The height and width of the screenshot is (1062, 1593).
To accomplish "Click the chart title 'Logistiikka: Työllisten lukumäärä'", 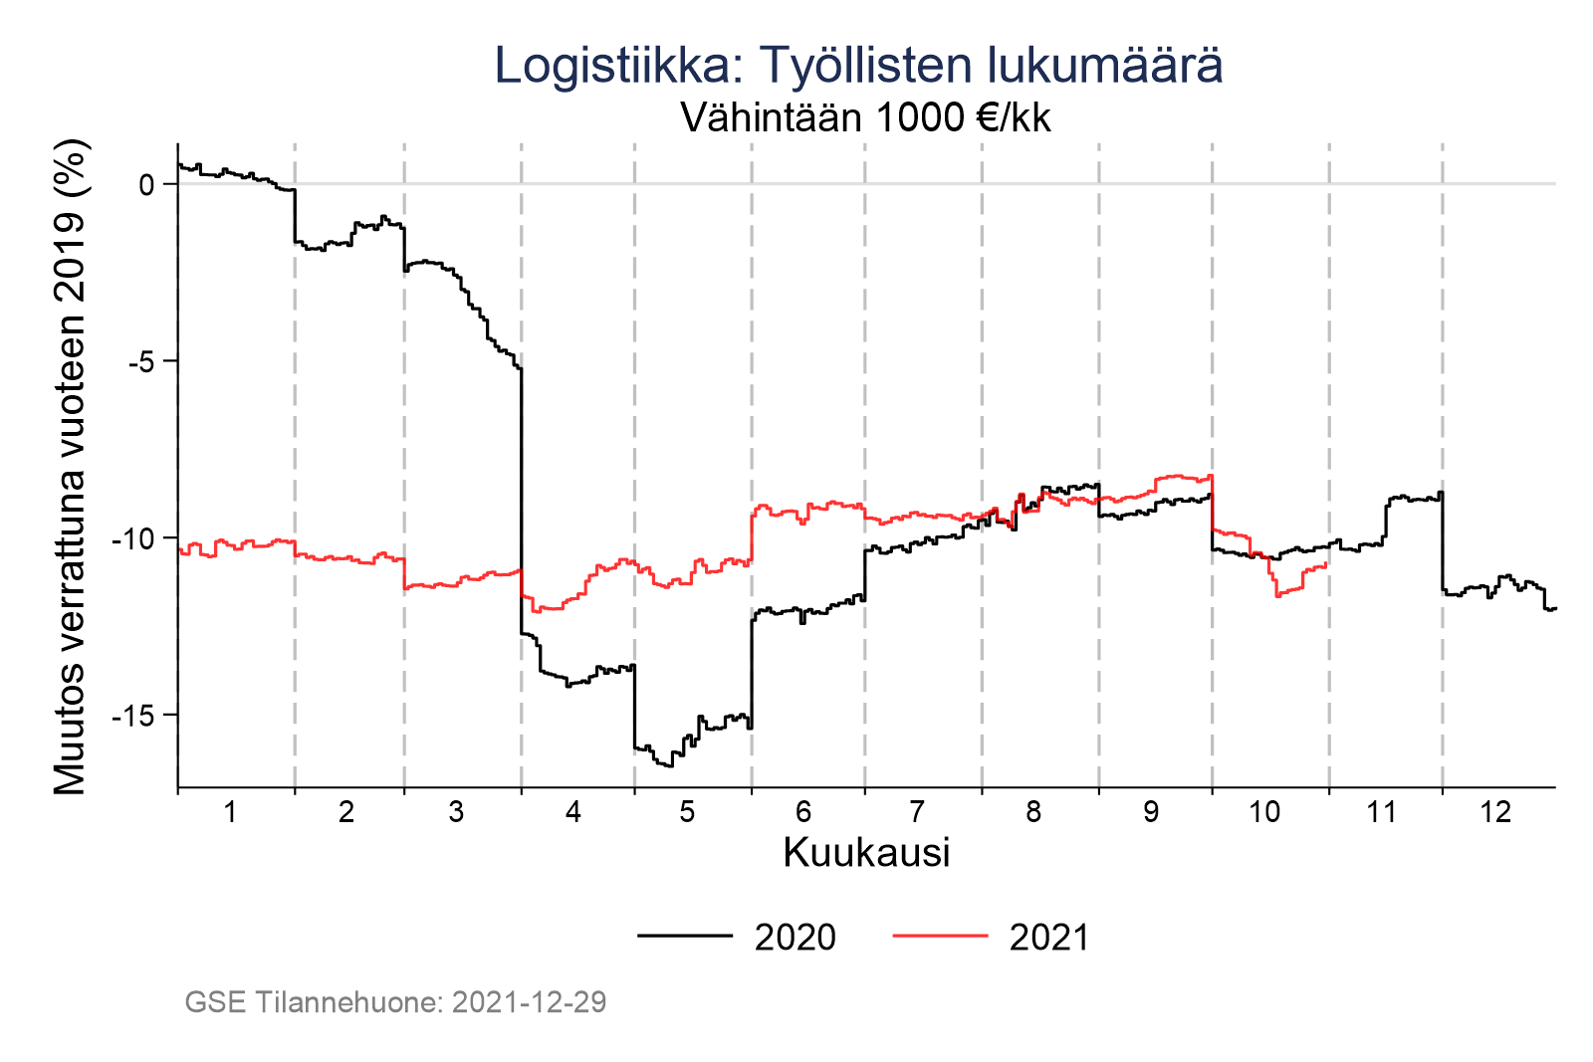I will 858,66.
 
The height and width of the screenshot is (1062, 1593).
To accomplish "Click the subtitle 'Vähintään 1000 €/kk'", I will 865,118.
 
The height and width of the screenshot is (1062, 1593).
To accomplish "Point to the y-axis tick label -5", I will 143,361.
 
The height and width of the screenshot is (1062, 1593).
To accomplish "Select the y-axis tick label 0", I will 146,185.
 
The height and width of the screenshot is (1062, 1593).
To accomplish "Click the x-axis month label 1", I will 230,812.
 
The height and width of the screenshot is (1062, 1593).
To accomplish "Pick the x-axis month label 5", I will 687,812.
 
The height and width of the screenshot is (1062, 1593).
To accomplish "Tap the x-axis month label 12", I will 1495,812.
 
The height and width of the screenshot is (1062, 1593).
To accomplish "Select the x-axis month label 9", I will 1150,812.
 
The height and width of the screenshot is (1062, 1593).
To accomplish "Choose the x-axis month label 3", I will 456,812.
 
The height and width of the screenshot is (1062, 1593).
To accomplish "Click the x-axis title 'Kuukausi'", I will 866,853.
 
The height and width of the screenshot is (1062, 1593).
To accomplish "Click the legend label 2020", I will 795,938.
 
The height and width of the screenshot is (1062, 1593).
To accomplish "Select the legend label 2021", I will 1049,938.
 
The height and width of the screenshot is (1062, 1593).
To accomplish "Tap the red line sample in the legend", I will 940,936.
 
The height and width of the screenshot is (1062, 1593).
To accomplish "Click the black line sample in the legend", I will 685,936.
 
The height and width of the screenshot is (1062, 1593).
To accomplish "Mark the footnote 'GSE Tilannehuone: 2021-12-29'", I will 395,1002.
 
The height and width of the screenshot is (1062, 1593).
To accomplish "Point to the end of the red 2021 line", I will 1327,564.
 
